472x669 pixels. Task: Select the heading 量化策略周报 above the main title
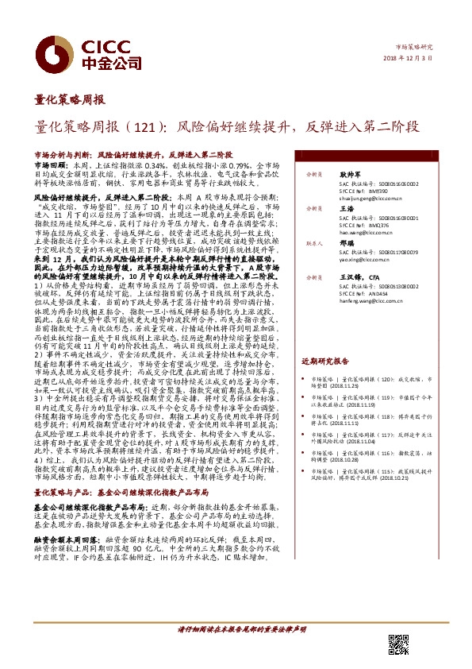pyautogui.click(x=70, y=100)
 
